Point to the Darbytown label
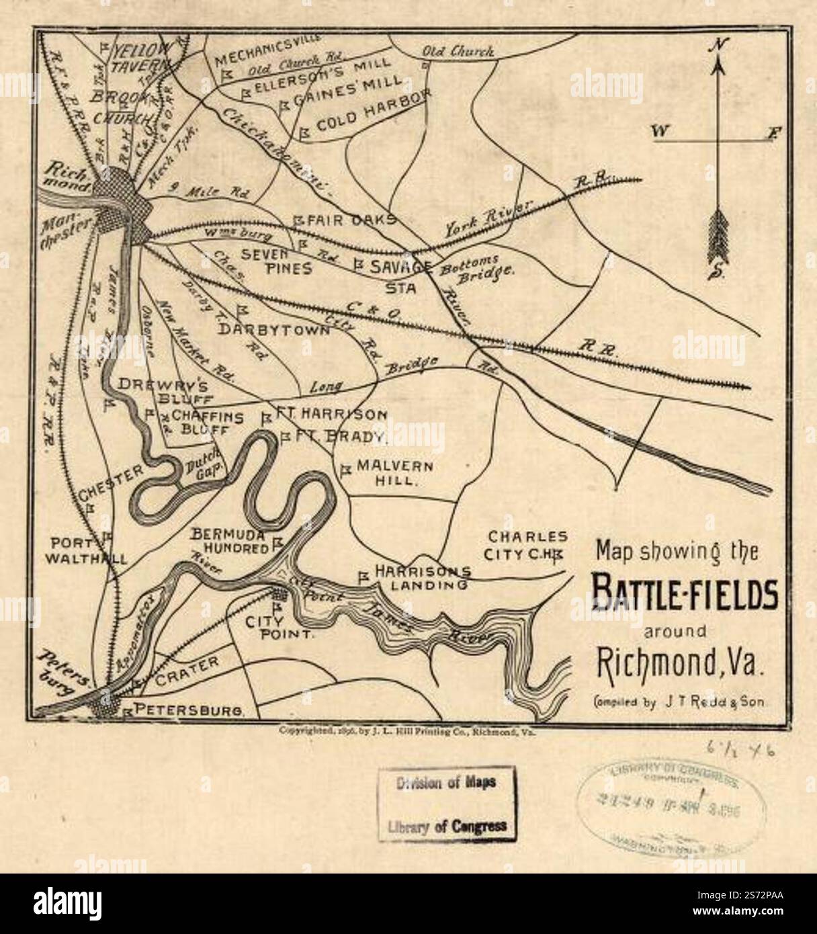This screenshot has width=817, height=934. click(274, 330)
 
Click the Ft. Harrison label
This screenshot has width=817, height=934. click(331, 415)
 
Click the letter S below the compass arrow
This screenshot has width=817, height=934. click(717, 271)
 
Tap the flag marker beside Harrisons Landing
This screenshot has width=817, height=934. click(363, 577)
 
